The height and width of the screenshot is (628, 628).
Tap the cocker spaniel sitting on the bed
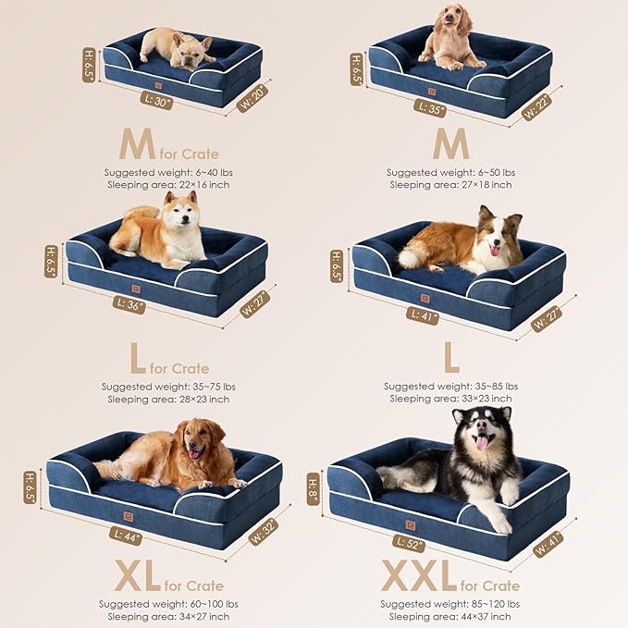tap(450, 42)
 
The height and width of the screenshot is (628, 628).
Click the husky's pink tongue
tap(481, 443)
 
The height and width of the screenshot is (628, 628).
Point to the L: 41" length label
tap(422, 316)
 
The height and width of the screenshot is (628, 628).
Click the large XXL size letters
tap(419, 576)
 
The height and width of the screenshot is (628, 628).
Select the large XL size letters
tap(140, 576)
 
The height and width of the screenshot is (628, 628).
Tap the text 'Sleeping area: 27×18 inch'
tap(450, 185)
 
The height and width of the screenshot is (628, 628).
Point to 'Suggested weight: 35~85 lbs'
tap(450, 387)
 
